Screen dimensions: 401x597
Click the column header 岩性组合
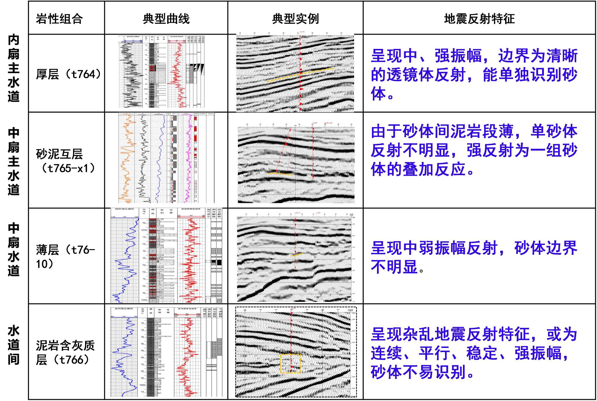point(59,19)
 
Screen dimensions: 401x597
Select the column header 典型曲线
point(166,19)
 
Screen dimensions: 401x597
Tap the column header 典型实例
point(295,19)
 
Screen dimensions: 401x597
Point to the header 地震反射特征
point(479,19)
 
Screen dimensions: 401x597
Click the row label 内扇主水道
point(13,68)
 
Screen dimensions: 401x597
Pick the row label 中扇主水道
point(13,161)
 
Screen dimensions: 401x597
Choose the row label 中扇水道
point(13,249)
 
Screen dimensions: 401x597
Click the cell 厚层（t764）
point(68,74)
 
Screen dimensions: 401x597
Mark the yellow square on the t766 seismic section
point(290,363)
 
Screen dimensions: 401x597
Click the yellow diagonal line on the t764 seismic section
point(300,74)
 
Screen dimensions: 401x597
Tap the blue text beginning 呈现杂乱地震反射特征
point(474,353)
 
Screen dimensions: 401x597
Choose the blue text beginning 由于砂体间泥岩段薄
point(474,150)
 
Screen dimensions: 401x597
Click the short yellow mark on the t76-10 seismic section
point(297,255)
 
